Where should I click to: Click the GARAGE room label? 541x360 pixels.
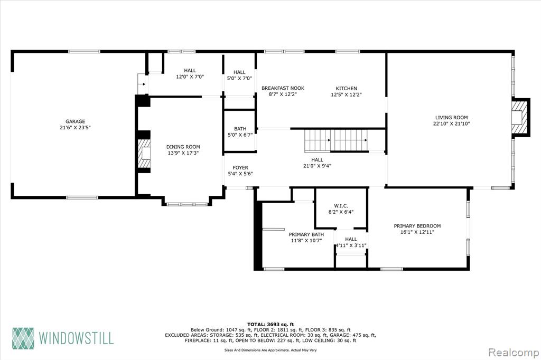[75, 121]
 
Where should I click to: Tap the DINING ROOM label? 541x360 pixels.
[183, 147]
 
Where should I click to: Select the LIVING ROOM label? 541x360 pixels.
[451, 117]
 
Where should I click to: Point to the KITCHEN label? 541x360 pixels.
[347, 88]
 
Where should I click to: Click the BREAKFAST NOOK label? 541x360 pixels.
[283, 88]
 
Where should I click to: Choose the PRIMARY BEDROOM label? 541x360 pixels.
[417, 226]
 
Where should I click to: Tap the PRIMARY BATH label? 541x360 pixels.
[306, 234]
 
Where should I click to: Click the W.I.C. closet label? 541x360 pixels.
[341, 206]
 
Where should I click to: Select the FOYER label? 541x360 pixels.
[240, 167]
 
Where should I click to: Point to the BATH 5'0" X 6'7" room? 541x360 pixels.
[240, 131]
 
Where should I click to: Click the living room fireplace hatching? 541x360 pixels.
[520, 117]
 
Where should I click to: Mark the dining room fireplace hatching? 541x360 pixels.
[145, 153]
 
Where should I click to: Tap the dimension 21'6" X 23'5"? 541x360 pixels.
[75, 128]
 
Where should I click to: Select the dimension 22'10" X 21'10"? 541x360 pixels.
[451, 124]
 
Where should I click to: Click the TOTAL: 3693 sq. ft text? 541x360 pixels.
[270, 324]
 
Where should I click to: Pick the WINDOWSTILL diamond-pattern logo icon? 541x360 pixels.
[23, 338]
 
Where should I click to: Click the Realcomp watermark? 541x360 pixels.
[514, 353]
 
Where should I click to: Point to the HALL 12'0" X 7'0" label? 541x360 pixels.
[190, 73]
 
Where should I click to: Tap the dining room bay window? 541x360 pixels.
[187, 204]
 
